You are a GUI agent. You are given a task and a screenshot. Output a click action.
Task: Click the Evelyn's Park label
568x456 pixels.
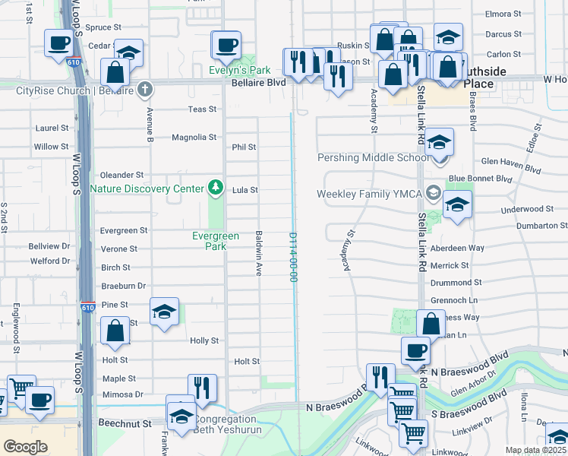click(240, 71)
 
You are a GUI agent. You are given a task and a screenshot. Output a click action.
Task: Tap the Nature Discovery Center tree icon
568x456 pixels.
click(216, 187)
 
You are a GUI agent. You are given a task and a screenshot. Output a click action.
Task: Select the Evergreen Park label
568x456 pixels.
click(216, 241)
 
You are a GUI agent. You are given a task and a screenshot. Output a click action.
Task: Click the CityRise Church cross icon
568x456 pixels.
click(145, 90)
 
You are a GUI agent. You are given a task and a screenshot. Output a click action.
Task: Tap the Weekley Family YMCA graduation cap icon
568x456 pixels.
click(433, 192)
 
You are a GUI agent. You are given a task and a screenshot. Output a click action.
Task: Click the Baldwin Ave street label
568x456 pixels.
click(260, 253)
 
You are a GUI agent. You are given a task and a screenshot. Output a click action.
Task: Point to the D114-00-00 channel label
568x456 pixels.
click(292, 257)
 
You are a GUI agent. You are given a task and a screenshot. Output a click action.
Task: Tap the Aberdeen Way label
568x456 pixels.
click(457, 249)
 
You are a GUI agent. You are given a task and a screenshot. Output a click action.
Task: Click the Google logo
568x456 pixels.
click(26, 446)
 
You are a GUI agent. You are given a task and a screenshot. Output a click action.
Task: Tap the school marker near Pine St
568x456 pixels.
click(164, 312)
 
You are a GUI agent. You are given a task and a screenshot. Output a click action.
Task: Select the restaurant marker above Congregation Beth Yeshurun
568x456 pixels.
click(202, 388)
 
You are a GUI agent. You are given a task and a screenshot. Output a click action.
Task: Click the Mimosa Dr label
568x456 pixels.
click(122, 394)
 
